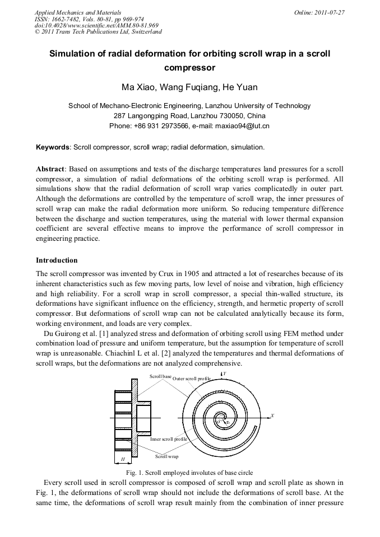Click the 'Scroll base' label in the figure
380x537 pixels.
coord(160,376)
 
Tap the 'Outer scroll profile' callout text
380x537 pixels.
coord(192,379)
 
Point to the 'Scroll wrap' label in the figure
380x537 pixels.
coord(166,457)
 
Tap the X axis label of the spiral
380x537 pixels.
coord(272,415)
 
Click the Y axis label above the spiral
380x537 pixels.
coord(224,373)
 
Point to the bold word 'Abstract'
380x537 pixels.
coord(50,169)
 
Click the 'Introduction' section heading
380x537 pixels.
coord(57,260)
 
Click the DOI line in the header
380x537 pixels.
coord(96,25)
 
